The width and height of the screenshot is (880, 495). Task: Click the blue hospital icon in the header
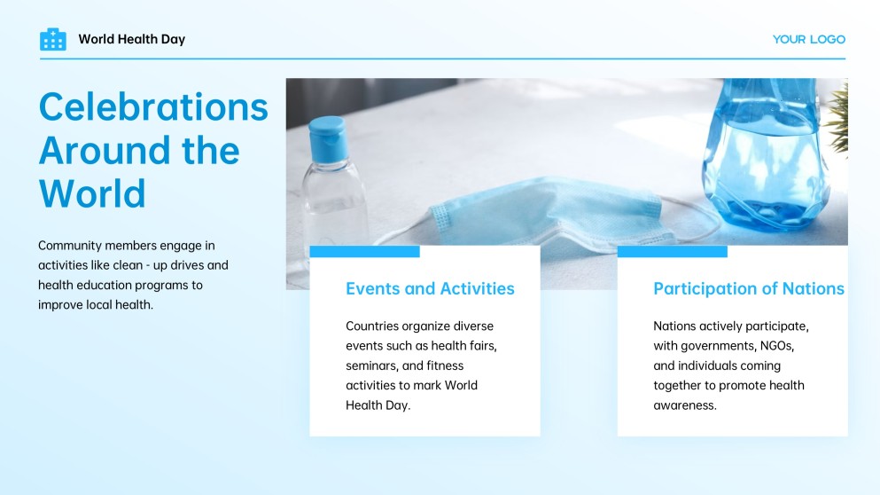tap(53, 39)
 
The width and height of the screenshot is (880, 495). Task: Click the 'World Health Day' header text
tap(132, 39)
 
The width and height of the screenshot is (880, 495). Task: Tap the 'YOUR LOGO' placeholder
tap(809, 39)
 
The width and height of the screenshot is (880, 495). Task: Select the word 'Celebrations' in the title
tap(153, 106)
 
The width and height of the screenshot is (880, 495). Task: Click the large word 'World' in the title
tap(92, 193)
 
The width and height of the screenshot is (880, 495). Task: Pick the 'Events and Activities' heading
tap(430, 288)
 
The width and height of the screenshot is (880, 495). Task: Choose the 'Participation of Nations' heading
tap(749, 288)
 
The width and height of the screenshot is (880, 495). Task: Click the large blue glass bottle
tap(766, 154)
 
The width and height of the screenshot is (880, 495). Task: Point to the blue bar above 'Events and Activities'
tap(365, 251)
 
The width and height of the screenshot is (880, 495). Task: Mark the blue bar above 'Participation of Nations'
tap(673, 251)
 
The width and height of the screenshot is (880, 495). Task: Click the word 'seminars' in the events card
tap(371, 365)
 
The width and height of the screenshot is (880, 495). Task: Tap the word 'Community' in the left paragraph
tap(70, 246)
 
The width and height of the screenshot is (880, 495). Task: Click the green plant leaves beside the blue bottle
tap(838, 118)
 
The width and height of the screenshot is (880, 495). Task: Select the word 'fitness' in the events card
tap(445, 365)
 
